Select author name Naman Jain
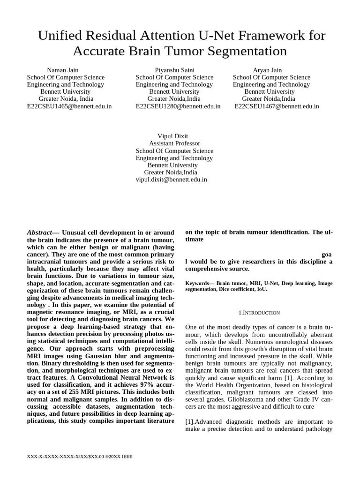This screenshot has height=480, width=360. click(63, 70)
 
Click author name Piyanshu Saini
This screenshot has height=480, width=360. click(174, 70)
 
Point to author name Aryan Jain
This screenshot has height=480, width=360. click(267, 70)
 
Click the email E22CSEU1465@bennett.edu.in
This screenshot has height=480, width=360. click(69, 106)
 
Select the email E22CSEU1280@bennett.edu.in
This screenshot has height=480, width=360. click(178, 106)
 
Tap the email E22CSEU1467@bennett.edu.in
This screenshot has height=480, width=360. click(277, 106)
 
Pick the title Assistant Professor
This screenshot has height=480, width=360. click(174, 143)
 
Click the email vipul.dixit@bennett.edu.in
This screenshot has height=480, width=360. click(171, 179)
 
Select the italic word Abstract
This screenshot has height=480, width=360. click(39, 232)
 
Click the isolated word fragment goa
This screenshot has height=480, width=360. click(327, 254)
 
